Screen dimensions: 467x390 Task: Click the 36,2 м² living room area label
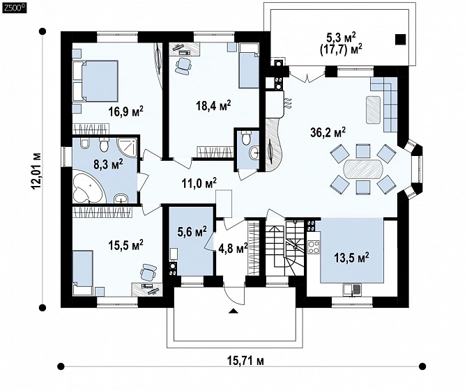[x=328, y=132]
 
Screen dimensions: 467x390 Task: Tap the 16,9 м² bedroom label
[x=126, y=111]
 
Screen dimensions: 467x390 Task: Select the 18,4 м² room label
[x=213, y=105]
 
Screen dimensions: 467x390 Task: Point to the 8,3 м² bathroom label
[x=108, y=164]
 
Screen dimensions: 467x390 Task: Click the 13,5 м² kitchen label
[x=352, y=256]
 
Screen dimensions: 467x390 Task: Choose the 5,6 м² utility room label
[x=192, y=232]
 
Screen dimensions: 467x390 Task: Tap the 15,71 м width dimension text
[x=245, y=361]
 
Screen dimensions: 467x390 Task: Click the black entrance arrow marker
[x=233, y=311]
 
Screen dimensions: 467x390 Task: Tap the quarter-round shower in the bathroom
[x=128, y=148]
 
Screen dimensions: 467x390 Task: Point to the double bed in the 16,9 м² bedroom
[x=95, y=81]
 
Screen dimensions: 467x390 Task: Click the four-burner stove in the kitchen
[x=314, y=247]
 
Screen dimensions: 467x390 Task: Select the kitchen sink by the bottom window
[x=352, y=290]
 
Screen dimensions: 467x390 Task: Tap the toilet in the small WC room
[x=246, y=138]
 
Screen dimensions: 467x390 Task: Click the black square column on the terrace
[x=401, y=40]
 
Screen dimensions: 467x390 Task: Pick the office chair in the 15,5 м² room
[x=148, y=272]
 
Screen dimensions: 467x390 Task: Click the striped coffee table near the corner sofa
[x=374, y=110]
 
